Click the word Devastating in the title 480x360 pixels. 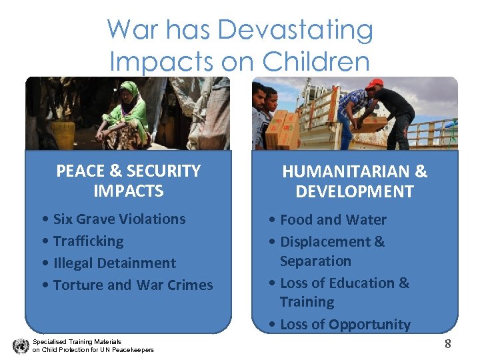[x=295, y=30]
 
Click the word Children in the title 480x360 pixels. [x=316, y=61]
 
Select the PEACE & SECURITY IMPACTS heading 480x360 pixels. [x=128, y=181]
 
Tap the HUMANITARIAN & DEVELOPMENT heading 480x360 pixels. [x=355, y=181]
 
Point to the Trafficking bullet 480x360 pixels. [x=88, y=241]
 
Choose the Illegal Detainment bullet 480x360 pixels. [x=114, y=263]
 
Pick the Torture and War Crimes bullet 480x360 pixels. [x=133, y=285]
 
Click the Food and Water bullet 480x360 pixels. [x=333, y=219]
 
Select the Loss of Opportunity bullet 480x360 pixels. [x=345, y=325]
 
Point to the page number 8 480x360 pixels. [x=447, y=344]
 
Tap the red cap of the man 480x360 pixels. [x=375, y=84]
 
